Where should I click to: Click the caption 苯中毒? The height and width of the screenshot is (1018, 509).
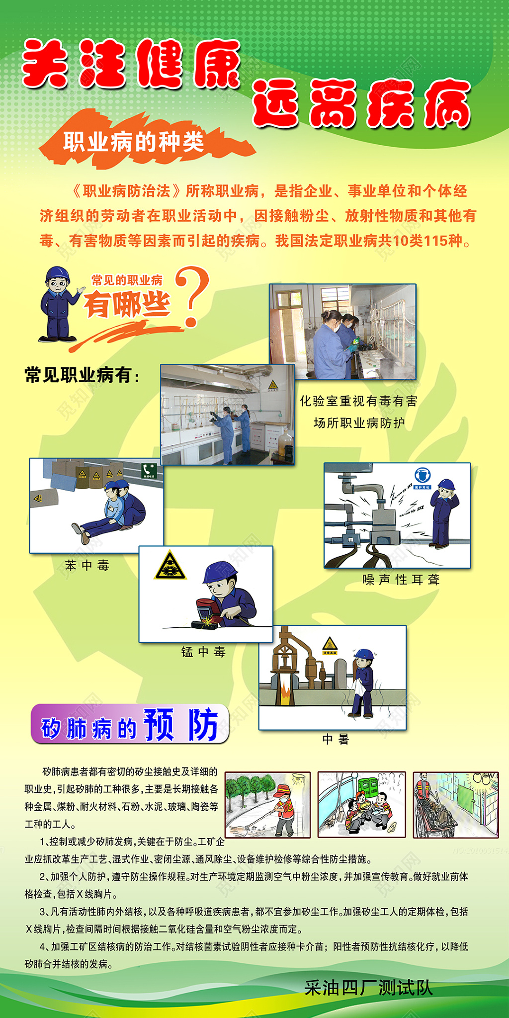tap(87, 565)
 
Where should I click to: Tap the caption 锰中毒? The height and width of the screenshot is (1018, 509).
tap(203, 652)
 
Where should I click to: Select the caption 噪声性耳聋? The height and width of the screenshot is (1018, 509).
tap(401, 580)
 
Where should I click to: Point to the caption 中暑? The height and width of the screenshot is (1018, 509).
tap(336, 739)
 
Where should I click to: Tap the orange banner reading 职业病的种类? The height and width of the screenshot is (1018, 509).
tap(133, 142)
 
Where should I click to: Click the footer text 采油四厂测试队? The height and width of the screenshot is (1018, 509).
tap(368, 988)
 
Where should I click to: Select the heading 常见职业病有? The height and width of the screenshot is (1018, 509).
tap(82, 375)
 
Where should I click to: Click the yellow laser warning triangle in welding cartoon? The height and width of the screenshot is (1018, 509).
tap(170, 566)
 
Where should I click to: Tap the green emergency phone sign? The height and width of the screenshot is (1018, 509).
tap(149, 470)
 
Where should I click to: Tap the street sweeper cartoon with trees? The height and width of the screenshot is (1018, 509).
tap(267, 804)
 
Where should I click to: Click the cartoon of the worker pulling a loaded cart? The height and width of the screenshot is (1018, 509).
tap(455, 804)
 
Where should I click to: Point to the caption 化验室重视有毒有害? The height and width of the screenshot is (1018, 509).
tap(358, 401)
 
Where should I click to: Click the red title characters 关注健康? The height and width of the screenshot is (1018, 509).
tap(132, 65)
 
